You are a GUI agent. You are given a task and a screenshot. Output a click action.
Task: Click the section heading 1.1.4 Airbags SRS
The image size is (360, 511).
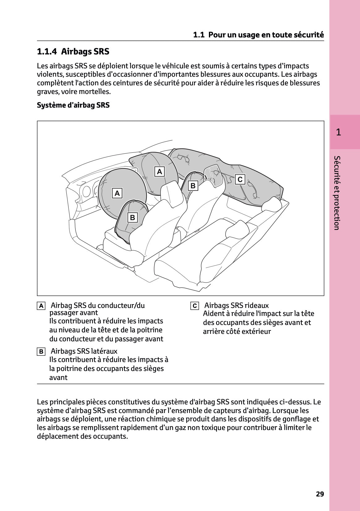click(73, 52)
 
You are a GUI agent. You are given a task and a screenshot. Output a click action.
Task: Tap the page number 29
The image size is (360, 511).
click(320, 494)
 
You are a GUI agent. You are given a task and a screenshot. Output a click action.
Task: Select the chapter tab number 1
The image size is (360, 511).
click(338, 132)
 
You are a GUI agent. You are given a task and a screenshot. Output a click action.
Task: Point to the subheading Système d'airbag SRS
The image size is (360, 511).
click(73, 105)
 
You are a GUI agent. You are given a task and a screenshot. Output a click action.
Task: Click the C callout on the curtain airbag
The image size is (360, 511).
click(240, 179)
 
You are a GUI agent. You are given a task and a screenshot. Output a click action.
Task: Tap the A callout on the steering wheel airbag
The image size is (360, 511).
click(117, 194)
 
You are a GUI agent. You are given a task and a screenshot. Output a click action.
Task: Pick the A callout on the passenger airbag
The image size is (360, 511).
click(159, 172)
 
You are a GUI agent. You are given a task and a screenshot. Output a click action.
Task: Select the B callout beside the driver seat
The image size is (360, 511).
click(133, 218)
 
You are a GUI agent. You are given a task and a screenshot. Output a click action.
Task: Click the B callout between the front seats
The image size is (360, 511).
click(193, 186)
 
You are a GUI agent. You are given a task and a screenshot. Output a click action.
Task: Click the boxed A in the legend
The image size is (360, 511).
click(41, 306)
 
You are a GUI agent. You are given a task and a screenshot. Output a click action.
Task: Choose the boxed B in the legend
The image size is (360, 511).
click(41, 352)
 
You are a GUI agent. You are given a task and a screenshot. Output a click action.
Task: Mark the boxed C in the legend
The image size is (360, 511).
click(194, 306)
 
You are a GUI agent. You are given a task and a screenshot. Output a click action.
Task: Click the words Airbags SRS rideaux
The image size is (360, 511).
click(236, 305)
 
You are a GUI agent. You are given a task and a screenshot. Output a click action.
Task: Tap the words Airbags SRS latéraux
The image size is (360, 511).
click(84, 351)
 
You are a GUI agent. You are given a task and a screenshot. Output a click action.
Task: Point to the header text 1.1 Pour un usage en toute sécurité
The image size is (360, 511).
click(258, 35)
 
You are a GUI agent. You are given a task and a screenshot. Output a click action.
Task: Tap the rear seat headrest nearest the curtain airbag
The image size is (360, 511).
click(272, 204)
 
